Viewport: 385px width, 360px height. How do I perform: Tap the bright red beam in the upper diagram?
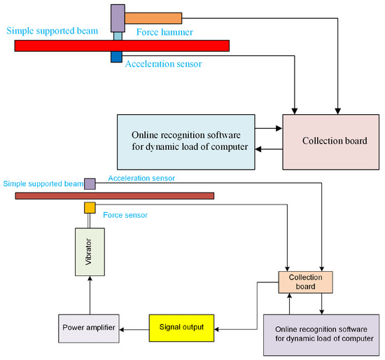coord(122,46)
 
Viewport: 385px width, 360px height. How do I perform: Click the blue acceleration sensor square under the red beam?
coord(116,57)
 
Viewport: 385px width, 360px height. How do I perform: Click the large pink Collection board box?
coord(325,140)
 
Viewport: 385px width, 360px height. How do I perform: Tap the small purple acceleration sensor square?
coord(90,184)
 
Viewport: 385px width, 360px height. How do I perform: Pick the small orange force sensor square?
coord(90,207)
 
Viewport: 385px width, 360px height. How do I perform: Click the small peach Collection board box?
coord(306,282)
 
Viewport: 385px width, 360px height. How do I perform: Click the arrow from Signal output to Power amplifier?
coord(134,327)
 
